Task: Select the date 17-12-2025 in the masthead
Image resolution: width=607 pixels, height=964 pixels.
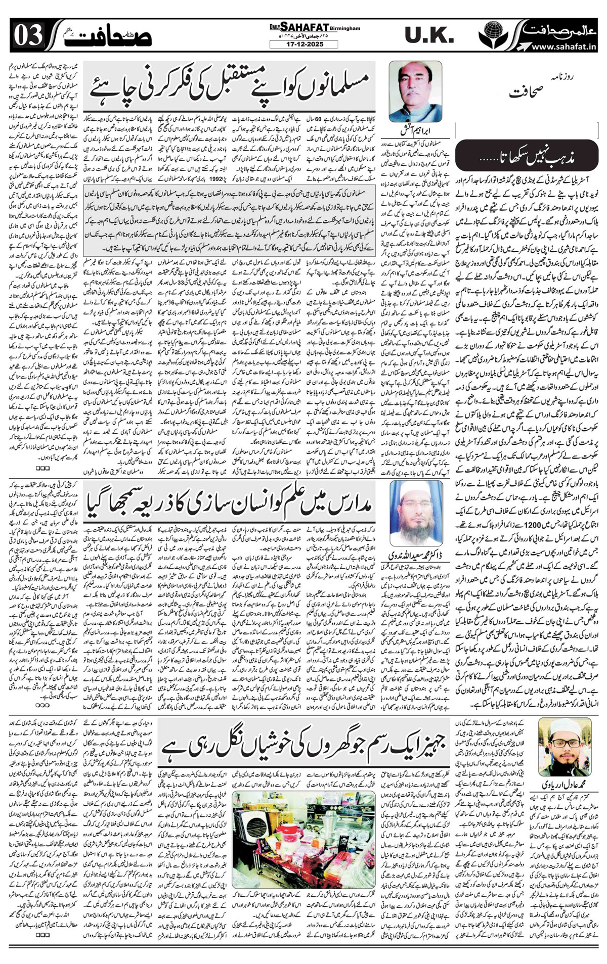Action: click(x=303, y=44)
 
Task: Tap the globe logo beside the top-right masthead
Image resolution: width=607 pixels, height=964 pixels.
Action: click(x=489, y=36)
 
